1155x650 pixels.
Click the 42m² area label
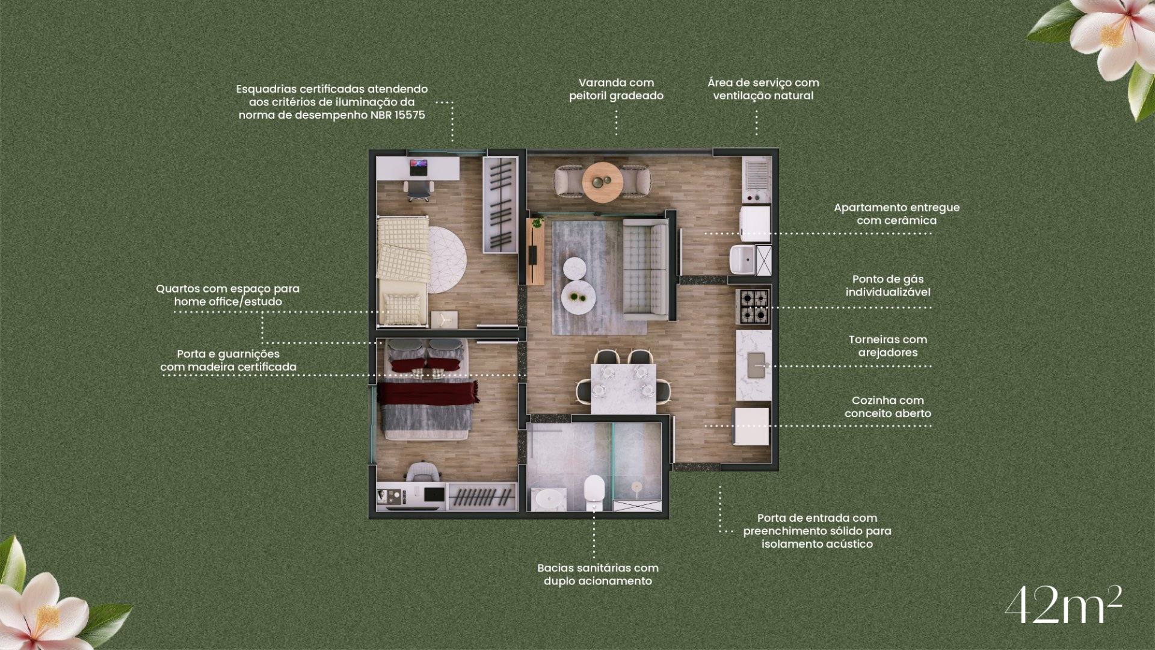(x=1063, y=605)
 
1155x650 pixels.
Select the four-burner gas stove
(x=753, y=306)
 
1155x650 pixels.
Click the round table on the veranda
(x=602, y=181)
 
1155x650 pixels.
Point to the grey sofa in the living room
(x=645, y=268)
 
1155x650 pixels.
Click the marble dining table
(x=623, y=388)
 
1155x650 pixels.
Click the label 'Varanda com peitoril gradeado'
(x=616, y=89)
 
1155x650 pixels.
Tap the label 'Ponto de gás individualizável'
(x=887, y=286)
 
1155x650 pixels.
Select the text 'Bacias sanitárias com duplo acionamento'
(x=597, y=574)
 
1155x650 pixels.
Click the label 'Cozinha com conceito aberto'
(x=887, y=407)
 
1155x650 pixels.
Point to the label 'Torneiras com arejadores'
(x=887, y=346)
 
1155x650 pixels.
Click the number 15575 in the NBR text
(x=409, y=115)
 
